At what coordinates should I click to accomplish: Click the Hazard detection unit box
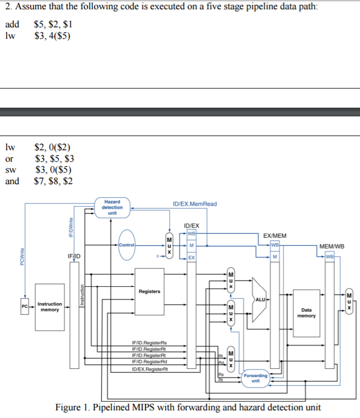pyautogui.click(x=113, y=208)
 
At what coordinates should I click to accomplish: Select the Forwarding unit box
pyautogui.click(x=256, y=378)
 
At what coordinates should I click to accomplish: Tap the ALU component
pyautogui.click(x=259, y=298)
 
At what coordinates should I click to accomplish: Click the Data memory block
pyautogui.click(x=305, y=313)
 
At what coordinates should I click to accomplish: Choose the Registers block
pyautogui.click(x=149, y=292)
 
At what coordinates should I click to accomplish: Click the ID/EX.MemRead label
pyautogui.click(x=194, y=204)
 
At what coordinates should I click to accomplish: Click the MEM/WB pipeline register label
pyautogui.click(x=332, y=246)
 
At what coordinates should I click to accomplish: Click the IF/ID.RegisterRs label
pyautogui.click(x=149, y=344)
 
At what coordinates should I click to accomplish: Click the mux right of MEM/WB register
pyautogui.click(x=350, y=302)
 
